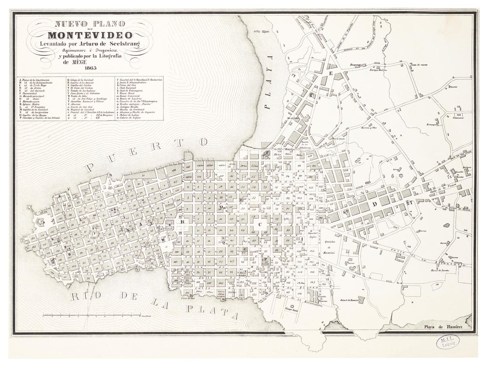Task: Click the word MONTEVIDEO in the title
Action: pyautogui.click(x=90, y=35)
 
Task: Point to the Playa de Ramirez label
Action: pyautogui.click(x=443, y=327)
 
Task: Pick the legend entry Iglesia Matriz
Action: pyautogui.click(x=31, y=104)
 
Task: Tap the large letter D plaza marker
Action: pyautogui.click(x=374, y=204)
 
